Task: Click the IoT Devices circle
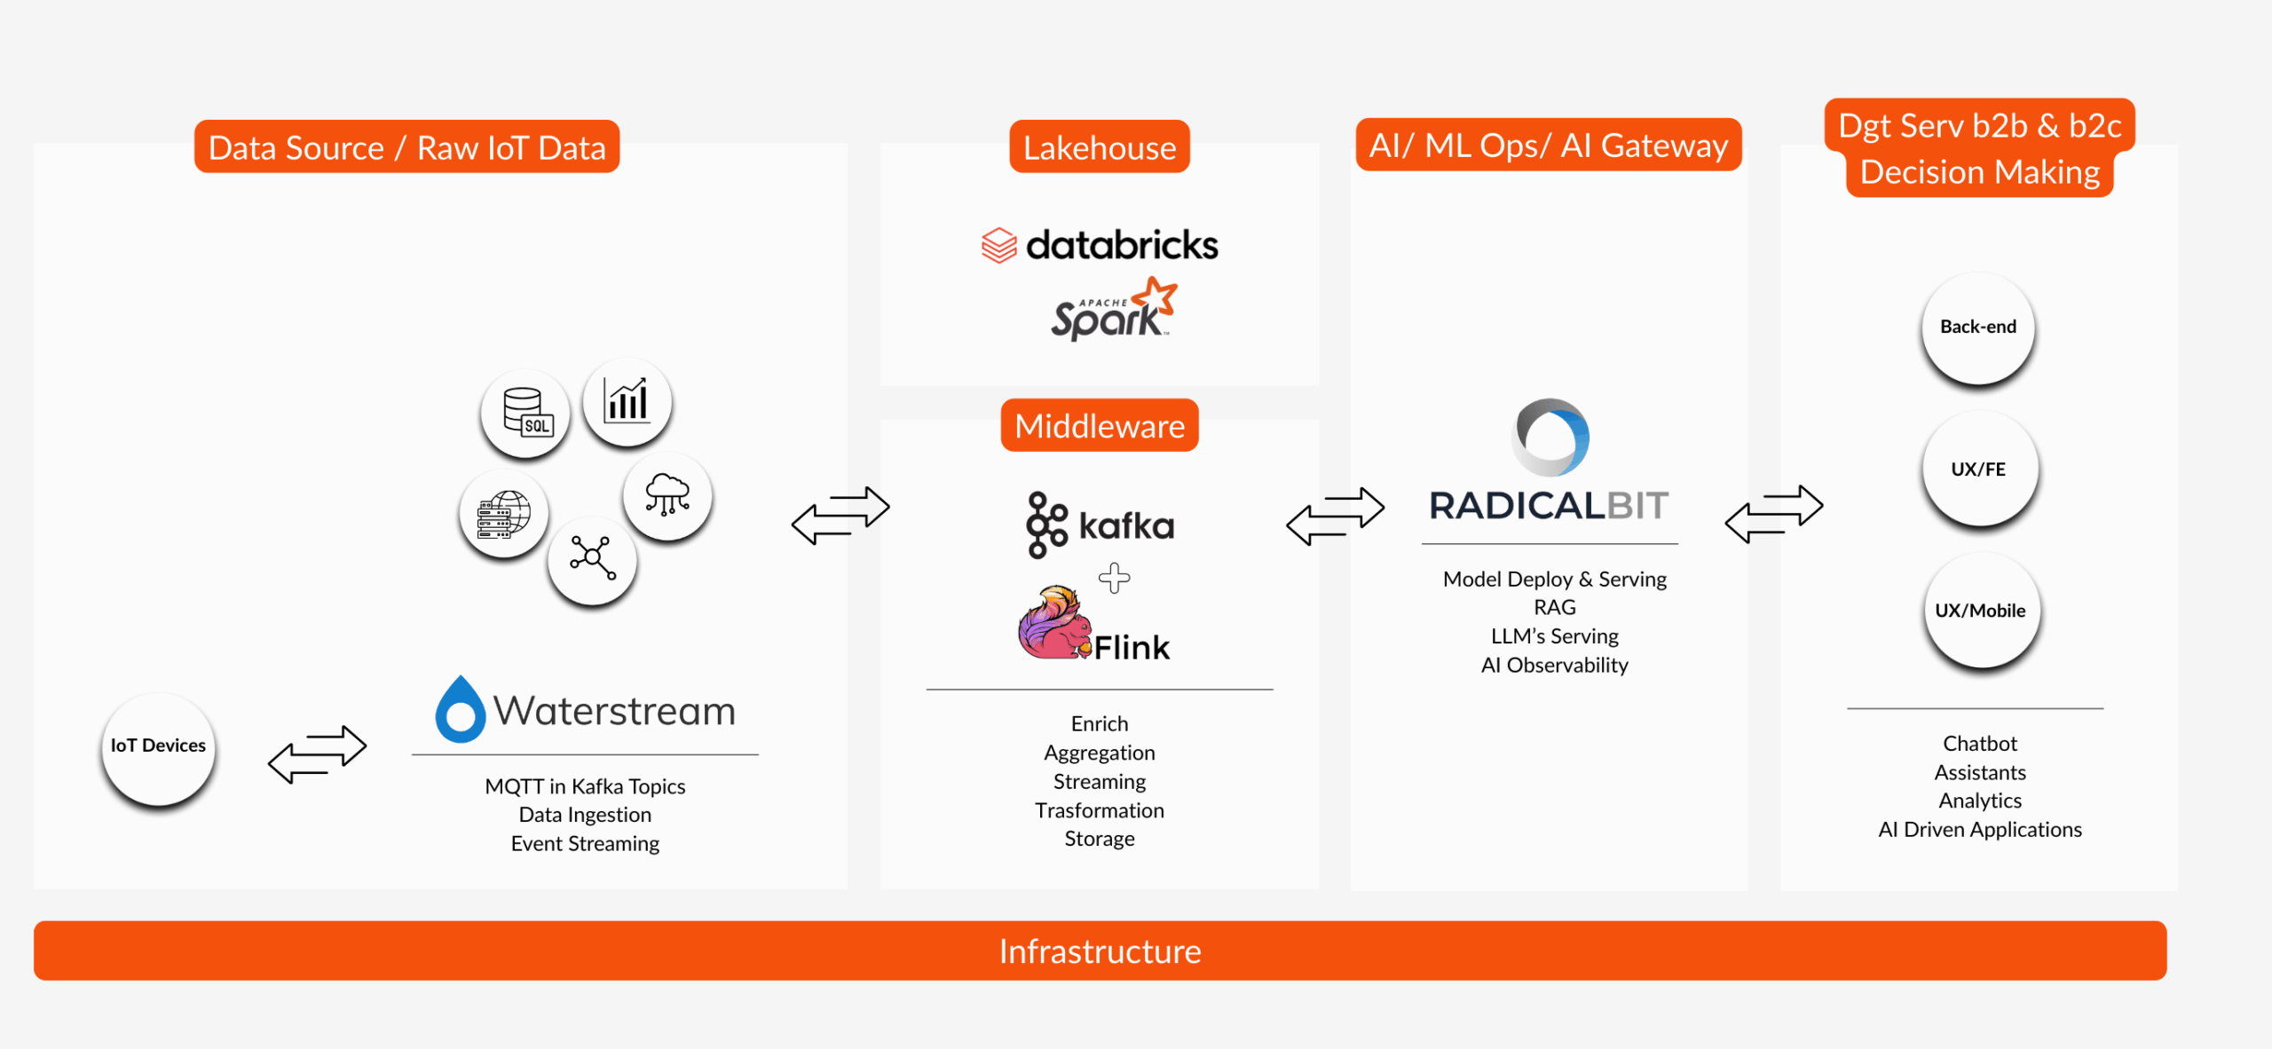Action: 158,747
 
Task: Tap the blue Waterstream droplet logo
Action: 460,710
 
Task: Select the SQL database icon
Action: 525,413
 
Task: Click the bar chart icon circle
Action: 627,402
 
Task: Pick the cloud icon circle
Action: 667,494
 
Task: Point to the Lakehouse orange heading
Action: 1099,147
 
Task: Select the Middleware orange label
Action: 1099,426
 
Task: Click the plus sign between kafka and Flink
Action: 1114,579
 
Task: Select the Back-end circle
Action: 1977,327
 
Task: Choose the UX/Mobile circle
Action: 1980,611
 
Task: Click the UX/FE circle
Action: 1978,469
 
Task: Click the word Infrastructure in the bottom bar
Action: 1099,951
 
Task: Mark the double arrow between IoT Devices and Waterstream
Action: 317,753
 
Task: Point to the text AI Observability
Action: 1554,666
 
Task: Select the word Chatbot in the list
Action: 1979,744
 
